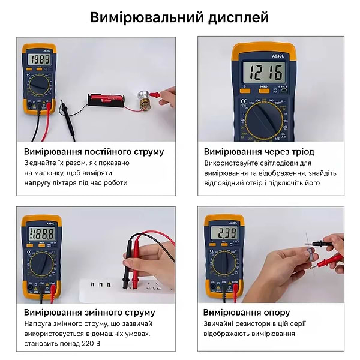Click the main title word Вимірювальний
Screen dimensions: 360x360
144,17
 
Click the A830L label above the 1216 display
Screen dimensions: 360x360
266,55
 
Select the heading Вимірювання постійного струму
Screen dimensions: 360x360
94,152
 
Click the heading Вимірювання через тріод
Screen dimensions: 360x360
259,152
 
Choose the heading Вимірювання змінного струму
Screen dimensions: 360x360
89,313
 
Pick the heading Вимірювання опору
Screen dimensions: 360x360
247,313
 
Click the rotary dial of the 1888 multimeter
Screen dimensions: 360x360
41,262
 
